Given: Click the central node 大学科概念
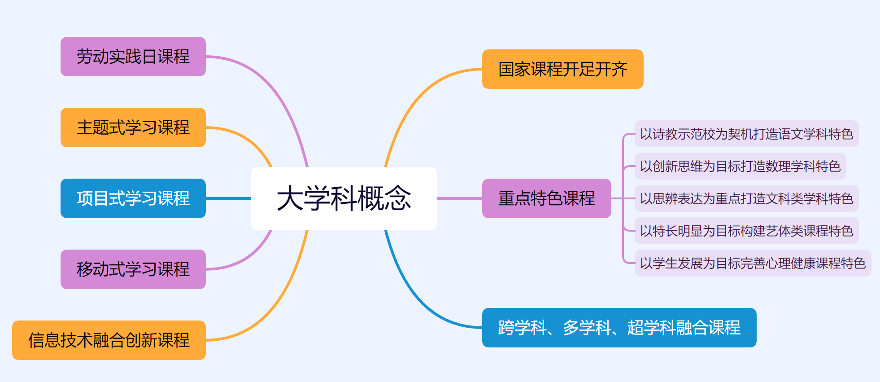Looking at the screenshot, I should (344, 198).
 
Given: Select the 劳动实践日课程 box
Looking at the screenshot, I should (133, 57).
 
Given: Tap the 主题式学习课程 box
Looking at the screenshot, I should (133, 127).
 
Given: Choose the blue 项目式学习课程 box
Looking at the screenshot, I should (133, 198).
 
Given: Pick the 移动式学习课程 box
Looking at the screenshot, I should (133, 269).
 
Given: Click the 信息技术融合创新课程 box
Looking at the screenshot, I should (109, 340).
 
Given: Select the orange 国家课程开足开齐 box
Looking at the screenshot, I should (562, 69).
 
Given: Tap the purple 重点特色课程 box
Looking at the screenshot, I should (546, 198).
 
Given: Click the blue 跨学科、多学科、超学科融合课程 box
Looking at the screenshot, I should (619, 328).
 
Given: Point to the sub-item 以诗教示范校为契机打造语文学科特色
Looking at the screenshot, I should (746, 134).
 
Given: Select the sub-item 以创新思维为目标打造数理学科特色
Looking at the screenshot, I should (740, 166).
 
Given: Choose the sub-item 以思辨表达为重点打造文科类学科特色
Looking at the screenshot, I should (746, 198).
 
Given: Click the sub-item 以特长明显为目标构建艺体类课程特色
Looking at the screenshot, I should (746, 231).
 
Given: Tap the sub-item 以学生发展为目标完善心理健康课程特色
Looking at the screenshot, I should (753, 263).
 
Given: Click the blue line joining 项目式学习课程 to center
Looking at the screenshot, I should (228, 198).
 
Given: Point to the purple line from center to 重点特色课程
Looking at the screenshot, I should (460, 198).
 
